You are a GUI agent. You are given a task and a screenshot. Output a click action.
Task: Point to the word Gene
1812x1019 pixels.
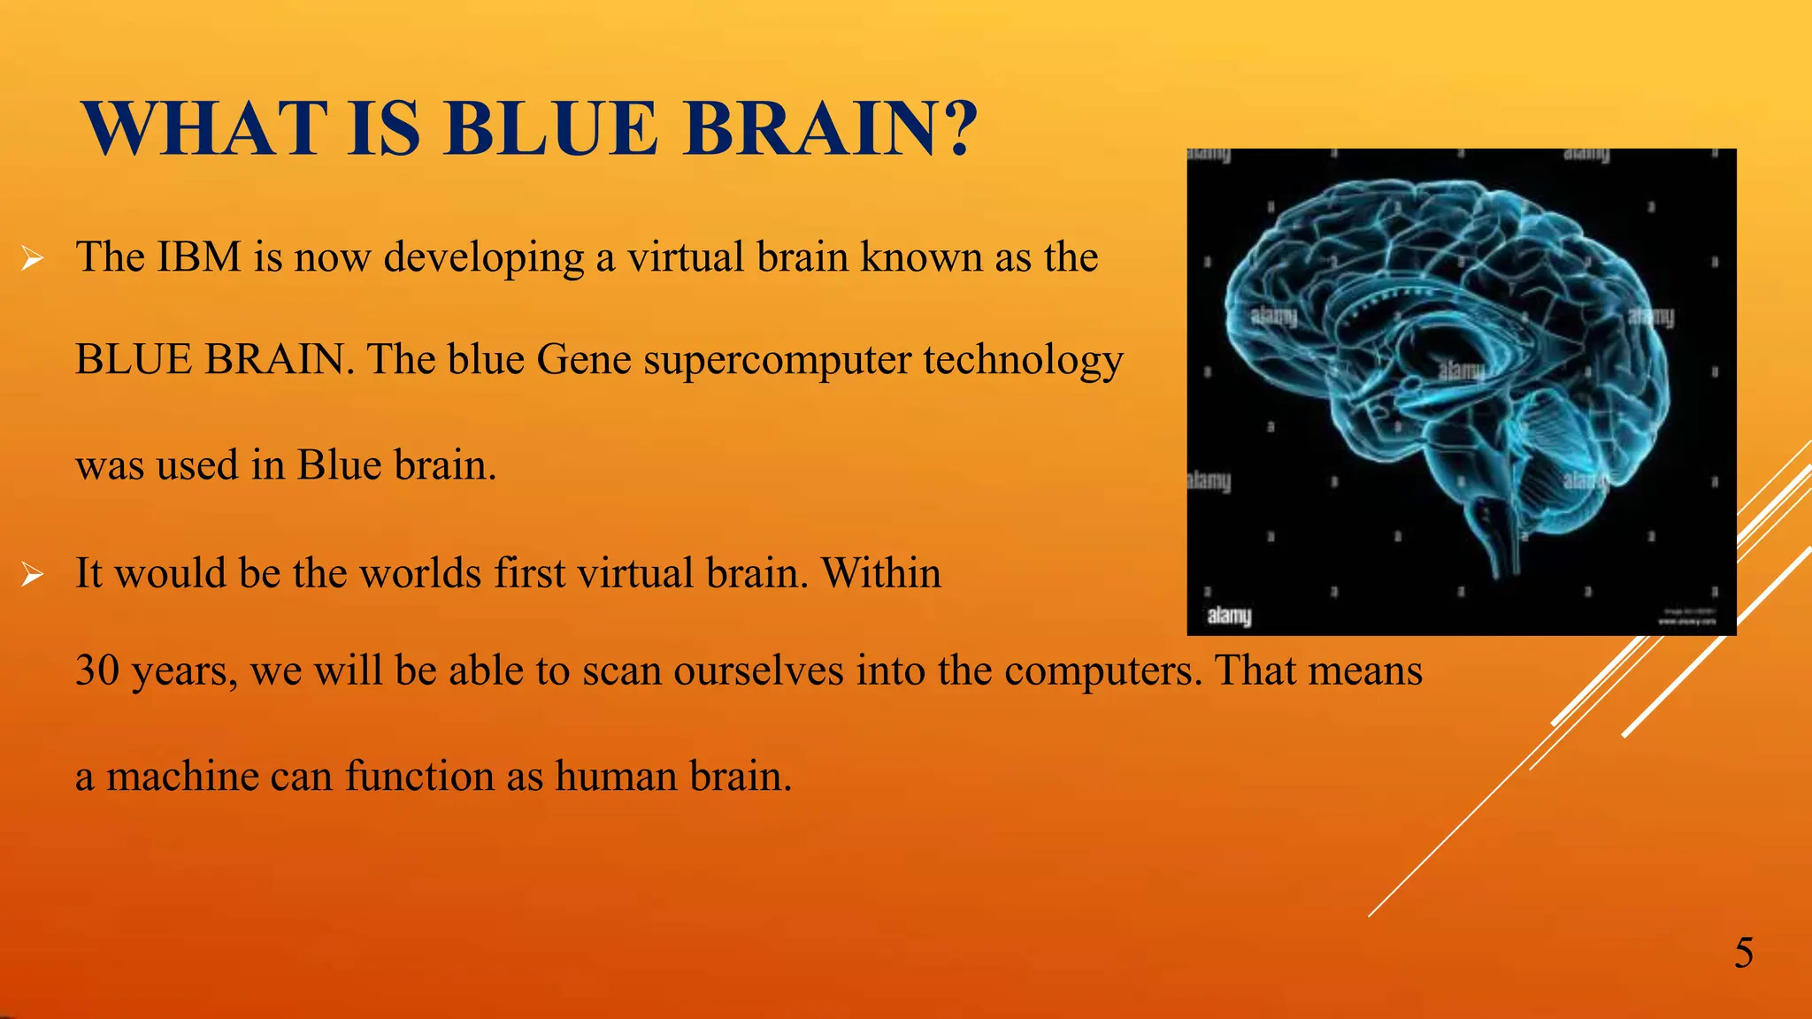[x=583, y=360]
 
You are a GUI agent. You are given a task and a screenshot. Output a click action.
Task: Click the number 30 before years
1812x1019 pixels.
[x=96, y=670]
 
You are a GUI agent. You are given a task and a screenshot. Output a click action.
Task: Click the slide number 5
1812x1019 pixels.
[x=1743, y=954]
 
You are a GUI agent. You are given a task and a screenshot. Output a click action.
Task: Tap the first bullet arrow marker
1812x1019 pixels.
[x=33, y=259]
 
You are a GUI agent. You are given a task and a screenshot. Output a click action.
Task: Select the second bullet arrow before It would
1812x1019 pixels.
[x=33, y=576]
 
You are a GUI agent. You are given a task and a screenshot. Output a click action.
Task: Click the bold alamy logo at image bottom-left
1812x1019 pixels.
[x=1229, y=616]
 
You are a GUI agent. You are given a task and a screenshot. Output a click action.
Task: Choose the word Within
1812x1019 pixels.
[x=881, y=573]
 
